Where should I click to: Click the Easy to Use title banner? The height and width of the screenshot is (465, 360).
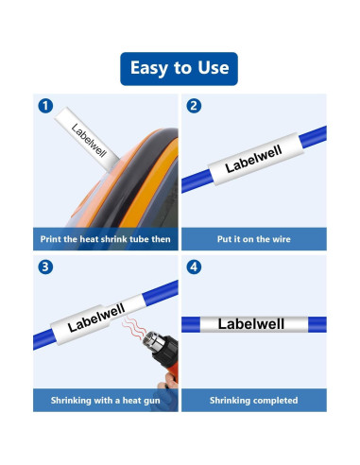point(180,69)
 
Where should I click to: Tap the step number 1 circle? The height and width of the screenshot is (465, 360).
point(44,106)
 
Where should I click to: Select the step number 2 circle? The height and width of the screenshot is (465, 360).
point(194,106)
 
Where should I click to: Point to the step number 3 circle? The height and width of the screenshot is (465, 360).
point(44,267)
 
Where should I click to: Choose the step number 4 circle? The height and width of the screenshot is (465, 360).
point(194,267)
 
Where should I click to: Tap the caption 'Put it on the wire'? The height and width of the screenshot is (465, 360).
point(253,239)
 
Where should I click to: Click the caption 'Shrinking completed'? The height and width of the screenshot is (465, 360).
point(253,400)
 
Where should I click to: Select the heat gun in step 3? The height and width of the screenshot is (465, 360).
point(146,357)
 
